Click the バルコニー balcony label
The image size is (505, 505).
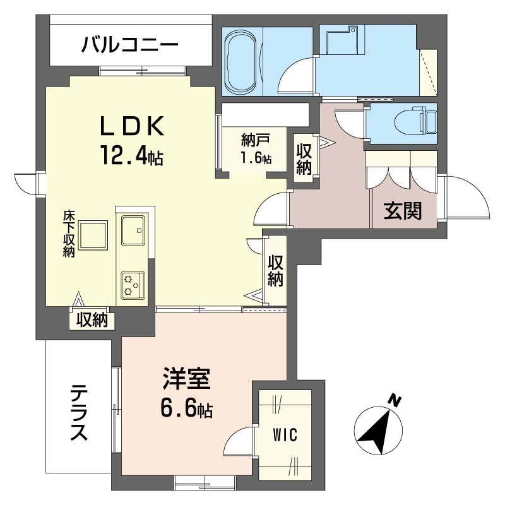tap(129, 45)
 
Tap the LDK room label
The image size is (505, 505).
tap(132, 126)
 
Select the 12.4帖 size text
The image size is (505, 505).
tap(132, 155)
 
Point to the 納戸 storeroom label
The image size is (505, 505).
tap(256, 140)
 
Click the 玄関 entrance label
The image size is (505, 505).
tap(403, 211)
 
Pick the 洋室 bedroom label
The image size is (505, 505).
tap(186, 379)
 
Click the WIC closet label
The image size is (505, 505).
tap(285, 435)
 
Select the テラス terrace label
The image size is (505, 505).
tap(79, 413)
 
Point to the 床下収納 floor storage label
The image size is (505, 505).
tap(69, 234)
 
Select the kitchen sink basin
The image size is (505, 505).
tap(133, 230)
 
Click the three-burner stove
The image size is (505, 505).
tap(133, 285)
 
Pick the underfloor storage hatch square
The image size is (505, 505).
tap(93, 235)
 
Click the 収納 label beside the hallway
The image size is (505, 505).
tap(304, 159)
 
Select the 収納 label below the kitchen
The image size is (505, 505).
tap(92, 319)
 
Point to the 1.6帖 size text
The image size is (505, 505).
tap(256, 158)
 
